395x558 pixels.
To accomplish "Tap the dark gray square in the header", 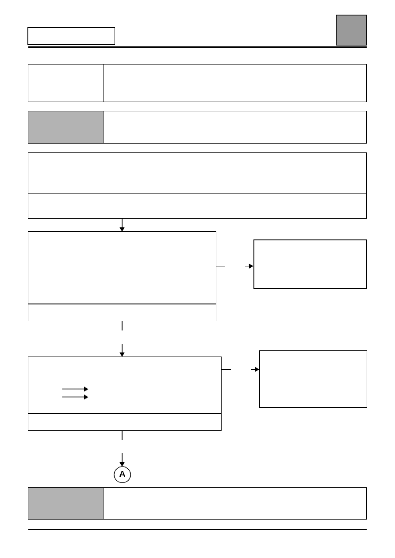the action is [x=351, y=30].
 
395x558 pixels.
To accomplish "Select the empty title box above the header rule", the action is [x=71, y=36].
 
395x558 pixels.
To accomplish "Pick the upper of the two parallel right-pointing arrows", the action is [x=75, y=389].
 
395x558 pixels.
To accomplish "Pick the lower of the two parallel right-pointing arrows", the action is [x=75, y=397].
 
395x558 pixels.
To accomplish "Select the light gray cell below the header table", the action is [x=65, y=127].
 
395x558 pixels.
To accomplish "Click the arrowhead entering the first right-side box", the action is [x=251, y=266].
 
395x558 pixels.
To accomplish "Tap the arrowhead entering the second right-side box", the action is [x=257, y=369].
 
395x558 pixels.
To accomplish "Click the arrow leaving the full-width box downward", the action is [x=122, y=225].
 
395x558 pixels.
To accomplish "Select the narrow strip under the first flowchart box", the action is [x=122, y=313].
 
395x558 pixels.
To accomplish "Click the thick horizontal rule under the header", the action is [x=197, y=47].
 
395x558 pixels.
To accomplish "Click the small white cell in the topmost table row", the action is [x=65, y=83].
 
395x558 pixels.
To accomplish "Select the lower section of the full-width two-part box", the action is [x=197, y=206].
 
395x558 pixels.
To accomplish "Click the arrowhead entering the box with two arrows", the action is [x=122, y=354].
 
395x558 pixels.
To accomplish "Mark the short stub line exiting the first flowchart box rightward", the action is [x=220, y=266].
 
